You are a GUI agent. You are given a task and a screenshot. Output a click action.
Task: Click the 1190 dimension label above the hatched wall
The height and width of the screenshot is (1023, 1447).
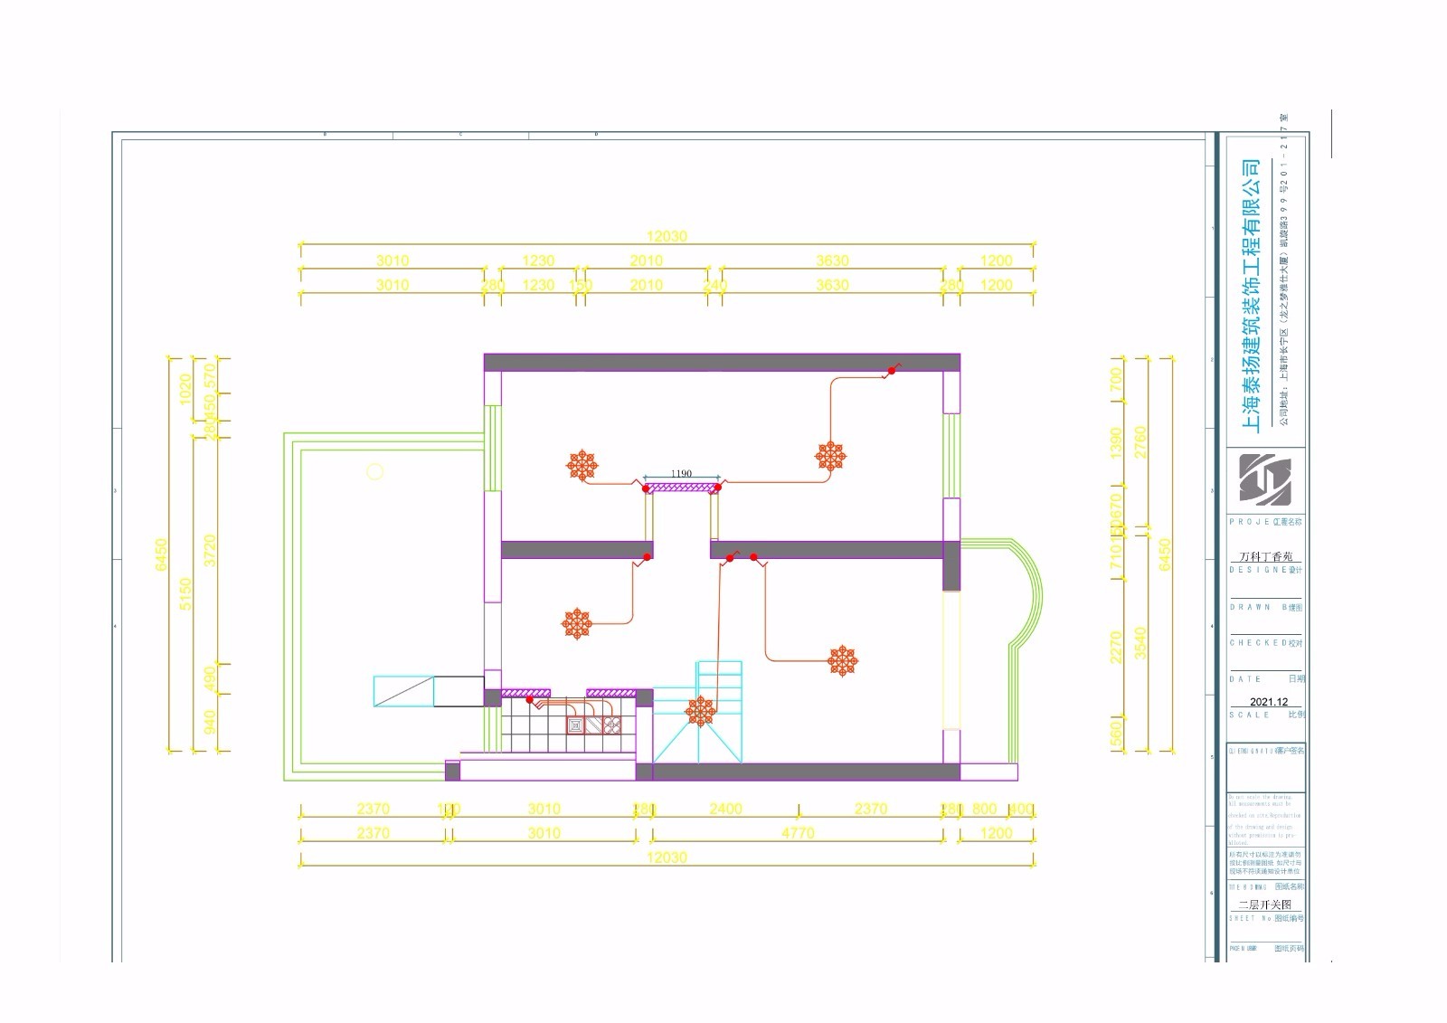(x=681, y=473)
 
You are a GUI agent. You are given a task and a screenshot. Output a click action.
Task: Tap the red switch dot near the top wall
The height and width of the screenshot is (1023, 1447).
(x=891, y=370)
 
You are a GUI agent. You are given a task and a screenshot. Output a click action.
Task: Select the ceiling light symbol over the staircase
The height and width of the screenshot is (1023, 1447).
(x=699, y=710)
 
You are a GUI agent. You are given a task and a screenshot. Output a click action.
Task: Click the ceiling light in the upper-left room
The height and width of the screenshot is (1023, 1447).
(x=582, y=465)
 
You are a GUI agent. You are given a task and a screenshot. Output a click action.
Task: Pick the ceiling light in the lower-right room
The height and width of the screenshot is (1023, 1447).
(x=843, y=661)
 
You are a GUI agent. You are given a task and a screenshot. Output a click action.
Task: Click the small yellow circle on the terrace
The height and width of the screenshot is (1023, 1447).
(x=374, y=471)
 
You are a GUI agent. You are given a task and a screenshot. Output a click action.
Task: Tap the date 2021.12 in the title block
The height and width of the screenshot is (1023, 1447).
(x=1269, y=702)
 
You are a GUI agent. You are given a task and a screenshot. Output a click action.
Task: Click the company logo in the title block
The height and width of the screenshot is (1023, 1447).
(x=1265, y=479)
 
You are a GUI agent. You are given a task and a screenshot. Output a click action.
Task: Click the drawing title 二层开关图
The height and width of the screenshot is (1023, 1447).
(x=1264, y=904)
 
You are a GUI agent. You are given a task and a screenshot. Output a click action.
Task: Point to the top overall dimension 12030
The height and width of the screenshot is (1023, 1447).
(x=666, y=237)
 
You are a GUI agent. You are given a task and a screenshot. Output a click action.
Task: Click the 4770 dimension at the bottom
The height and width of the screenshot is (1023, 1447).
(x=797, y=833)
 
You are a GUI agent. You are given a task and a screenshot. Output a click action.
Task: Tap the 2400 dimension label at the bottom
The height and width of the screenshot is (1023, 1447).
(x=725, y=809)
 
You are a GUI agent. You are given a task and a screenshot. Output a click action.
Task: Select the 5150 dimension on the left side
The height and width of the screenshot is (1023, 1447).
(x=185, y=594)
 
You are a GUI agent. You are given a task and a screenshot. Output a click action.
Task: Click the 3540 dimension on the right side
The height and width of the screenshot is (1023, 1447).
(x=1140, y=642)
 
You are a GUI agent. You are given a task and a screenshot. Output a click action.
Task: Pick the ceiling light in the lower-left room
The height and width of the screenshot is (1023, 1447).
(x=577, y=623)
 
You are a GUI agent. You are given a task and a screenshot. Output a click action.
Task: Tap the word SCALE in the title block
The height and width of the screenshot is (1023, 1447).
(x=1249, y=715)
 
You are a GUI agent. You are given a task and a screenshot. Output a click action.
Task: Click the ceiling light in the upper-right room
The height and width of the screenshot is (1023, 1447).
(x=830, y=456)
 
